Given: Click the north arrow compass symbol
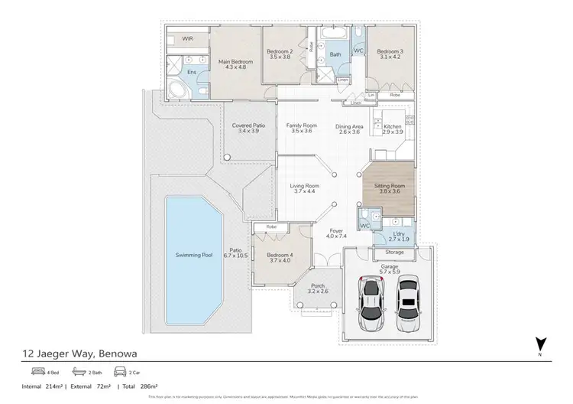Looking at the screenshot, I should (540, 344).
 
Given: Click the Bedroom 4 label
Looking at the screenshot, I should (280, 257).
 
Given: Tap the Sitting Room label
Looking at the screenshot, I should (387, 188).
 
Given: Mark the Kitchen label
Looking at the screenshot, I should (392, 129).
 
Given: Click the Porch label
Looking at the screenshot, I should (316, 289).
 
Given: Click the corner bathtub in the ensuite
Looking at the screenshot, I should (177, 90).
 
